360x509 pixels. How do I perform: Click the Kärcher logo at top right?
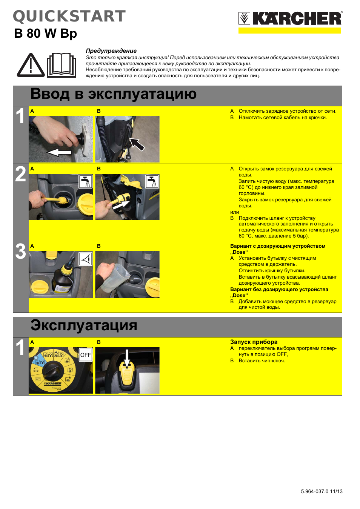click(290, 19)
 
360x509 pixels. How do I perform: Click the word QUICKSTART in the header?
click(69, 17)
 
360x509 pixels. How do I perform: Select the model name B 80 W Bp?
click(45, 33)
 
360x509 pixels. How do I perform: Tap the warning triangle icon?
click(31, 66)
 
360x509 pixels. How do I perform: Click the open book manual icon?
click(61, 65)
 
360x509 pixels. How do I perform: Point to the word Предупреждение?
click(111, 51)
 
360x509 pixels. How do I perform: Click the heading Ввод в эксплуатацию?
click(113, 94)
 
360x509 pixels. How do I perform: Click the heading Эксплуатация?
click(83, 325)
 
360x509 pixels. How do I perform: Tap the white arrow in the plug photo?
click(59, 152)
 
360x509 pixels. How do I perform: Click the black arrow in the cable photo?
click(137, 144)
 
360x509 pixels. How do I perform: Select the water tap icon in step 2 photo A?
click(86, 181)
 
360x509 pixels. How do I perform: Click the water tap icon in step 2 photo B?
click(152, 181)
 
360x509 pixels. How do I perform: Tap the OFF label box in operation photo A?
click(86, 355)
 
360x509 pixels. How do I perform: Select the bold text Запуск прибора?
click(254, 342)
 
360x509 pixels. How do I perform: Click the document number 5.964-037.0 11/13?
click(322, 491)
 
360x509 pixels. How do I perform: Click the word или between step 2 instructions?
click(234, 212)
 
